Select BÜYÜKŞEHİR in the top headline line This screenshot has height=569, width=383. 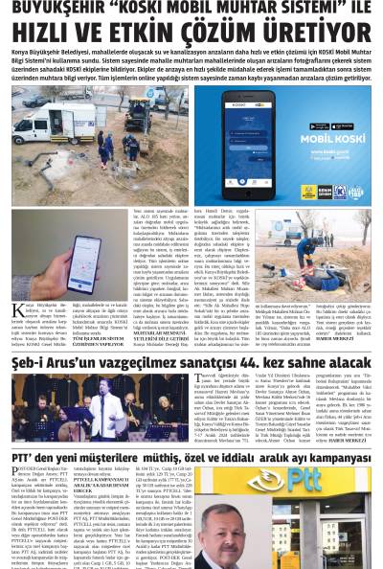click(58, 8)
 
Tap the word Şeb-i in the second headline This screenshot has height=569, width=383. click(31, 361)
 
